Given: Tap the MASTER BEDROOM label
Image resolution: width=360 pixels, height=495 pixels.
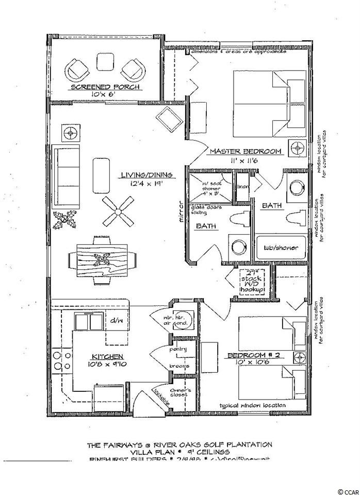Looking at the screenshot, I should [246, 152].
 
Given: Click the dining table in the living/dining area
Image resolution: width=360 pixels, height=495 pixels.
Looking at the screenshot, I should [98, 260].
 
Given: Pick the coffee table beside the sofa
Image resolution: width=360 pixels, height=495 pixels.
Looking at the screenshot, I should [101, 175].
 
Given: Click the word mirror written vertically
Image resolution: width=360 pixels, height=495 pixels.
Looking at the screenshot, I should [181, 211].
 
